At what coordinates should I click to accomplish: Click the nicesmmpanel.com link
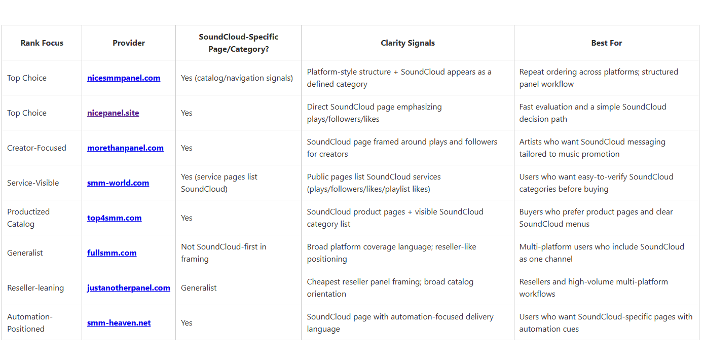click(124, 78)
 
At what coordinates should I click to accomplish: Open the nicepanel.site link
click(113, 113)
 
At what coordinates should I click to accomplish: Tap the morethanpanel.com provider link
click(125, 148)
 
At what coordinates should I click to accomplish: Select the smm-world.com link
click(118, 183)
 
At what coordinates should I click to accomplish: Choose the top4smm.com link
click(114, 218)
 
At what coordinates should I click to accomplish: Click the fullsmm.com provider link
click(112, 253)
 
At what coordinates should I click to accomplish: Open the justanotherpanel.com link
click(129, 288)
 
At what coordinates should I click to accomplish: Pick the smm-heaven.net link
click(119, 323)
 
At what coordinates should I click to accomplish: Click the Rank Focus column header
click(42, 43)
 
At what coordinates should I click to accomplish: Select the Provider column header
click(129, 43)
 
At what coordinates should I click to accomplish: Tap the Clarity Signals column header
click(407, 43)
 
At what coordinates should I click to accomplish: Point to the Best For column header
click(606, 43)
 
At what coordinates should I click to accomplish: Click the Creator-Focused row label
click(36, 148)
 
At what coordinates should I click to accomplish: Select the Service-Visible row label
click(33, 183)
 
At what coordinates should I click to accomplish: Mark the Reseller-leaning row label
click(35, 288)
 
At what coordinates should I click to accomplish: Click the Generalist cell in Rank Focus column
click(25, 253)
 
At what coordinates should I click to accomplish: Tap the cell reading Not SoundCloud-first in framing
click(224, 253)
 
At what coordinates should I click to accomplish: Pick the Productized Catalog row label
click(28, 218)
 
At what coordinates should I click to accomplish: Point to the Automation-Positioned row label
click(30, 323)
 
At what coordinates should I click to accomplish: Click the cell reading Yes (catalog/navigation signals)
click(237, 78)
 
